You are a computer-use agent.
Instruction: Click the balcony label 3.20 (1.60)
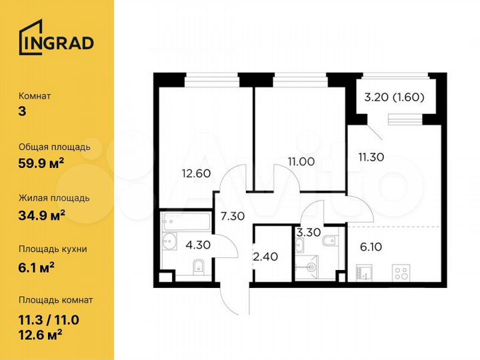click(394, 97)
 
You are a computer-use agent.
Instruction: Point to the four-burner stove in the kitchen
click(403, 273)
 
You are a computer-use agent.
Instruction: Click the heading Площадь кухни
click(53, 249)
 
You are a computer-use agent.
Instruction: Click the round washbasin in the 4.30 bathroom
click(168, 242)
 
